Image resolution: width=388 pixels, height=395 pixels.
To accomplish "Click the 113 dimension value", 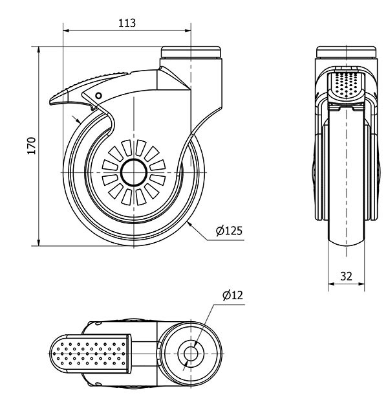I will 127,23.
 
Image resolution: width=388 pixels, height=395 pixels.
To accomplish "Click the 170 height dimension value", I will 30,146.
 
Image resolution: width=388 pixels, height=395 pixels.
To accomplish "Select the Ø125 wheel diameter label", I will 229,231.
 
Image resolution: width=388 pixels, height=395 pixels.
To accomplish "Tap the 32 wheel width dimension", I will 346,275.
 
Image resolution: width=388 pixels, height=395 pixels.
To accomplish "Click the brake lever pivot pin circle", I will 98,96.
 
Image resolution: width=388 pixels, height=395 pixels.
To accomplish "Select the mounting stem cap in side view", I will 191,51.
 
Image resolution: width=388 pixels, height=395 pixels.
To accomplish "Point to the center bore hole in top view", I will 191,353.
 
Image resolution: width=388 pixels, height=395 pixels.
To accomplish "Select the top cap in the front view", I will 346,52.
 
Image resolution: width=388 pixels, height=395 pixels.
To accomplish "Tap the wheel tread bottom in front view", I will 346,243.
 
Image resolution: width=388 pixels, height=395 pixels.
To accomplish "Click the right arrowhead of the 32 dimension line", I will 363,283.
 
